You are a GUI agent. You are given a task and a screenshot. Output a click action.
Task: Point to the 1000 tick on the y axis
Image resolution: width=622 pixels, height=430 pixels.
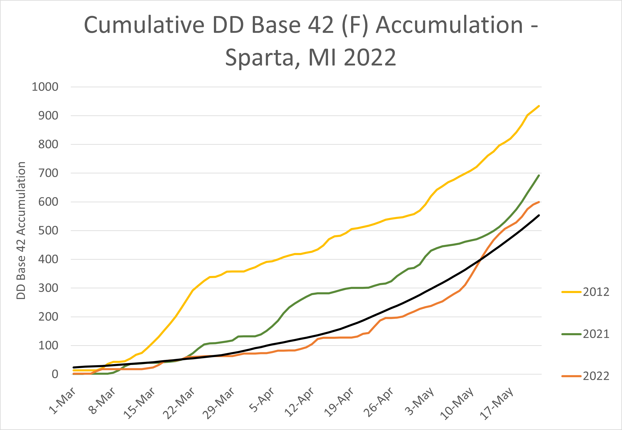tap(45, 87)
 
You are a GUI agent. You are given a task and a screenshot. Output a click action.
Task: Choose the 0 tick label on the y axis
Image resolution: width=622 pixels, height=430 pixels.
tap(55, 374)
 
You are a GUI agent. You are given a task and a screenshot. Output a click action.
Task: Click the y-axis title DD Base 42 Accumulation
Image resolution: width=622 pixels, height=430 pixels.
tap(21, 231)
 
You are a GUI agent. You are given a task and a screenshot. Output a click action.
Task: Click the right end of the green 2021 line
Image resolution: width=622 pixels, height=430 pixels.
tap(538, 176)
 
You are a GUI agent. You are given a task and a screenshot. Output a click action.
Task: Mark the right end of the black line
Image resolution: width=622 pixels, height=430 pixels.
tap(538, 216)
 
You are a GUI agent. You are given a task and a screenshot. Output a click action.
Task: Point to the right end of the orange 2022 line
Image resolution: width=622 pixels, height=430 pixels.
tap(538, 202)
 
